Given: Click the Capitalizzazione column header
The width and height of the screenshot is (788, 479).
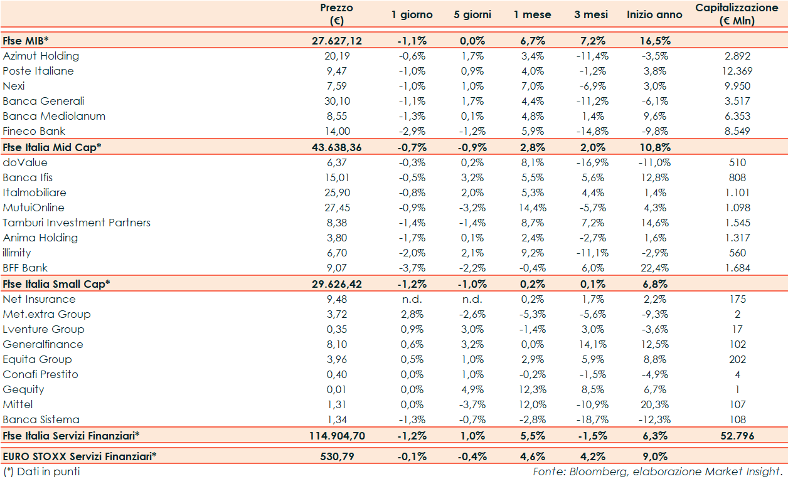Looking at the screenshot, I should (737, 14).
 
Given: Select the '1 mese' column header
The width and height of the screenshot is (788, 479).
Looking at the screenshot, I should (532, 14).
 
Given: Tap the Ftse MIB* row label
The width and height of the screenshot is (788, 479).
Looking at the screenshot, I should (21, 41).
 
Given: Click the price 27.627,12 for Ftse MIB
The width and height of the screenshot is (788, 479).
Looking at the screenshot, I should (336, 41).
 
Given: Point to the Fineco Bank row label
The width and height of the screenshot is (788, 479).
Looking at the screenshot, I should (34, 131).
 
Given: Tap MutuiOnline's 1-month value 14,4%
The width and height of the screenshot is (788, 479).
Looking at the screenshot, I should (533, 208).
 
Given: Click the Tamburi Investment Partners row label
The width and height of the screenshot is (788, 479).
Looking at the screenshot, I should (77, 223).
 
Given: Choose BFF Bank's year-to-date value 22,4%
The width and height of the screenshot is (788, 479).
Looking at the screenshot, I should (654, 268).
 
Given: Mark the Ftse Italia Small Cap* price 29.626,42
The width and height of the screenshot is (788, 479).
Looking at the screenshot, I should (336, 283).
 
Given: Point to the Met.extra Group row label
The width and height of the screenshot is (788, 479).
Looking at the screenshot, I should (46, 314).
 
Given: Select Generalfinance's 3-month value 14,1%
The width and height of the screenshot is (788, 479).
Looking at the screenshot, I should (590, 344).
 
